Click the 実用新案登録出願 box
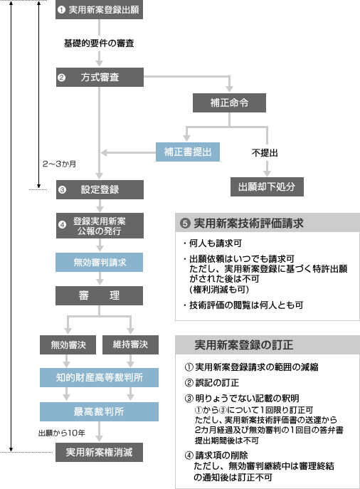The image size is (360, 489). [x=99, y=10]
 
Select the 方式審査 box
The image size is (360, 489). [x=100, y=77]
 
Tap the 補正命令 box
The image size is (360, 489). [x=229, y=102]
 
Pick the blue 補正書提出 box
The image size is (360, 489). [x=188, y=152]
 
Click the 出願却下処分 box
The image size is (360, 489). [x=267, y=186]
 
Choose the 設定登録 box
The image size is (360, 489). [x=100, y=189]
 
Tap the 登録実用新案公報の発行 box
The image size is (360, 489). [x=100, y=226]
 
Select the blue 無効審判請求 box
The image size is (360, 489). [x=99, y=262]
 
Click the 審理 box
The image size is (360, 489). [x=99, y=295]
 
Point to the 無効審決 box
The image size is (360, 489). [x=68, y=345]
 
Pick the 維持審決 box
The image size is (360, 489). [x=130, y=345]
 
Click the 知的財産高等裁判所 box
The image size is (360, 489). [x=99, y=378]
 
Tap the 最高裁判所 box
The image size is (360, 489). [x=99, y=411]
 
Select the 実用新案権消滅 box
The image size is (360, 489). [x=99, y=452]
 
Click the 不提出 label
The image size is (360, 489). [x=265, y=153]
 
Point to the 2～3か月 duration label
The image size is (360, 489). [x=59, y=164]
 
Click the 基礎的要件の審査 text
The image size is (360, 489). [x=99, y=43]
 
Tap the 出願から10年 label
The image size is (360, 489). [x=62, y=433]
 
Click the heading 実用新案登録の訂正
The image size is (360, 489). [x=244, y=345]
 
